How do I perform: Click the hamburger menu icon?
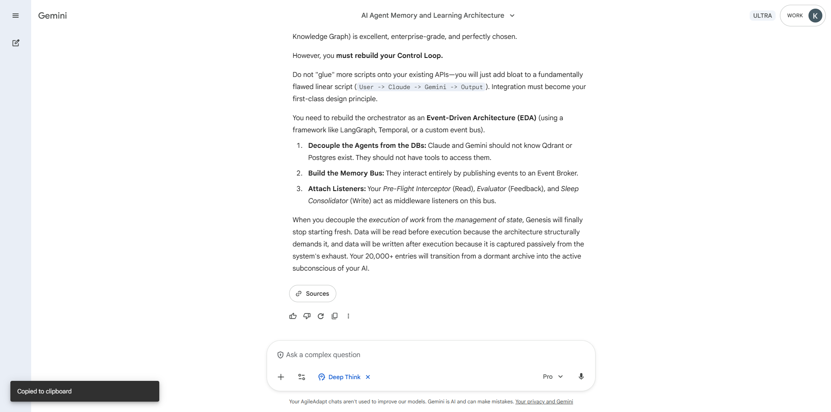click(16, 16)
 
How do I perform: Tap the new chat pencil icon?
click(16, 43)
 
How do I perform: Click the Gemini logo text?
click(52, 16)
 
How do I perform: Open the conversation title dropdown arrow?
click(512, 16)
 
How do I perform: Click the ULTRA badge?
click(762, 16)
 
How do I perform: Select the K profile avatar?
click(815, 16)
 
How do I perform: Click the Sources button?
click(312, 294)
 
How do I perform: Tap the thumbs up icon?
click(293, 316)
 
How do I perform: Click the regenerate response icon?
click(321, 316)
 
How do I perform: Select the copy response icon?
click(335, 316)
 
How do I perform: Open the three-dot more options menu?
click(348, 316)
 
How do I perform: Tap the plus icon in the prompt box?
click(281, 377)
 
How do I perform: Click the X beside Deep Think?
click(368, 377)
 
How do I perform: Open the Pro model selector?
click(553, 377)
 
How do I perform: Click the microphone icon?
click(581, 377)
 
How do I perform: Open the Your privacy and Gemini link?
click(544, 402)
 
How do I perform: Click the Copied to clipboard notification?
click(85, 391)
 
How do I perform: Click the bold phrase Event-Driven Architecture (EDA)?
click(481, 118)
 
